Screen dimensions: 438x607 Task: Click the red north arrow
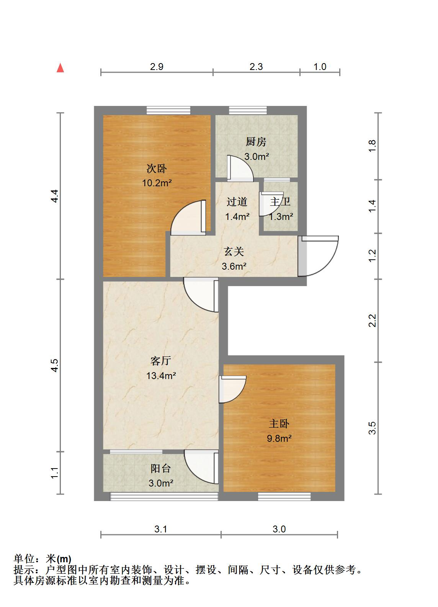60,68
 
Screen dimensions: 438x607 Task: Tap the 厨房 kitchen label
256,142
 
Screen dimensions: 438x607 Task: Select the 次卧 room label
157,169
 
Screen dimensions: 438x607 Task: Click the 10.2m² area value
157,183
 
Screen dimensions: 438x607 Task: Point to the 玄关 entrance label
234,251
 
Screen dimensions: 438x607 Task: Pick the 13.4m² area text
161,376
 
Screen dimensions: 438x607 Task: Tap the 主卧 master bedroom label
279,423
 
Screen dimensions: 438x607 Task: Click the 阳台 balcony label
161,468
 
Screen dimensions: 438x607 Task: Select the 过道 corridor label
237,202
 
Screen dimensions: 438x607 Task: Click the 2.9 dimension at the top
157,67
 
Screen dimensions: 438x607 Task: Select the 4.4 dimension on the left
55,196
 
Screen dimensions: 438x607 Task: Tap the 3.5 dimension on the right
372,428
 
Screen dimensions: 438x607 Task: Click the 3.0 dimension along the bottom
279,529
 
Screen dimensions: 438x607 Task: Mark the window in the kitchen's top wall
248,111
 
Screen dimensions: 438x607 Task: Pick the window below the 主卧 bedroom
284,496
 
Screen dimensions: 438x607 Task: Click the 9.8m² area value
279,438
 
